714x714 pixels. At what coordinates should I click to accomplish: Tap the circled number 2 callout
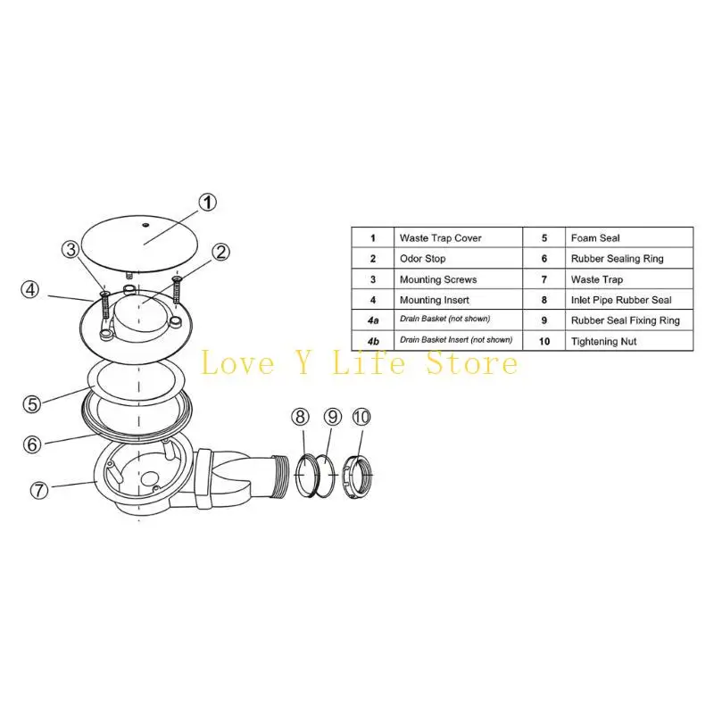[x=222, y=253]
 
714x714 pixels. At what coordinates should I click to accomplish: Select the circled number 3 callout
[x=71, y=250]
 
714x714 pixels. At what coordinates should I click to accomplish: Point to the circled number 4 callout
[x=31, y=289]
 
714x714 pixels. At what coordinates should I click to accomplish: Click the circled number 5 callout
[x=32, y=403]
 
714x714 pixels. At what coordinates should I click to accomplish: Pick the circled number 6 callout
[x=32, y=443]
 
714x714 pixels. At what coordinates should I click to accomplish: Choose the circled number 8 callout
[x=300, y=417]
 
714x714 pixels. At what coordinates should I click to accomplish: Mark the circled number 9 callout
[x=332, y=417]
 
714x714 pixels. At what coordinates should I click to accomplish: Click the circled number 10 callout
[x=361, y=417]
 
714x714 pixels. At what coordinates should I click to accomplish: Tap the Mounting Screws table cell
[x=437, y=279]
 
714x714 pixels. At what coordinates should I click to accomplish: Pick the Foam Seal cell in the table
[x=594, y=238]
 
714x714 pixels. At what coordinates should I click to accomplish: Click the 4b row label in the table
[x=372, y=340]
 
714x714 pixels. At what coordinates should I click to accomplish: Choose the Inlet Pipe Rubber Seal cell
[x=620, y=300]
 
